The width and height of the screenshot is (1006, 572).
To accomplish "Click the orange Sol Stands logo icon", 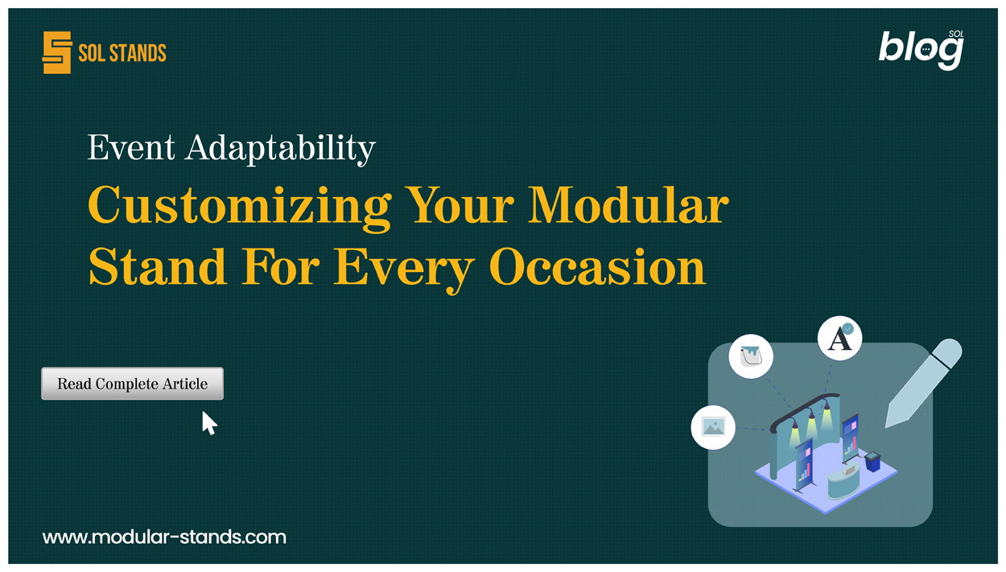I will [57, 53].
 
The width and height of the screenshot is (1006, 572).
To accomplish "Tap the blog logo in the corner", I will [920, 50].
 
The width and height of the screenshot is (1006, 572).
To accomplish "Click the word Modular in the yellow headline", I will [629, 205].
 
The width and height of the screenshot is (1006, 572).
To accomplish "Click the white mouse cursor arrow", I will [209, 423].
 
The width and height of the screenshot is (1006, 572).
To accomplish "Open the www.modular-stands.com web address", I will [164, 537].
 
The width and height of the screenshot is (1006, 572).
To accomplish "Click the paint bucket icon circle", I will [751, 356].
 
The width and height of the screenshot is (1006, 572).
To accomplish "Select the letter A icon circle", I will [839, 339].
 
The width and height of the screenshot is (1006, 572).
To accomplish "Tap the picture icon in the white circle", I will [713, 426].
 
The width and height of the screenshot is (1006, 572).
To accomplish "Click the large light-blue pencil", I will [923, 382].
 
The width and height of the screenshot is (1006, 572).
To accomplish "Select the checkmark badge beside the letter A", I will [847, 329].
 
